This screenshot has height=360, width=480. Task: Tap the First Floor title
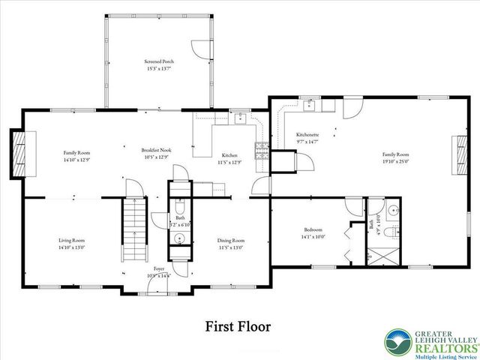click(238, 327)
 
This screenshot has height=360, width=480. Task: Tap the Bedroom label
click(313, 229)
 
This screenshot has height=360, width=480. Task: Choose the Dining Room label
click(231, 241)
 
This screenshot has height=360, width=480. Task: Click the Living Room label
click(72, 241)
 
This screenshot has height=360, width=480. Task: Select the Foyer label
click(159, 268)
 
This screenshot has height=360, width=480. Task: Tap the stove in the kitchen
click(262, 149)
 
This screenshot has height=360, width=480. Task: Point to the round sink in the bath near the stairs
click(179, 239)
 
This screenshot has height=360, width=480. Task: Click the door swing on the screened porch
click(198, 49)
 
